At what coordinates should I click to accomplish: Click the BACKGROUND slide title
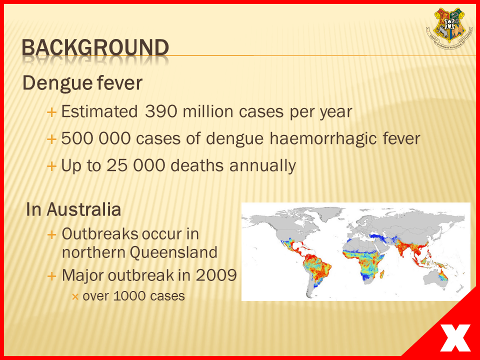pyautogui.click(x=95, y=48)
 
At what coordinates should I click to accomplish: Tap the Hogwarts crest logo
pyautogui.click(x=449, y=28)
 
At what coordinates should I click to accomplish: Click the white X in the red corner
pyautogui.click(x=455, y=338)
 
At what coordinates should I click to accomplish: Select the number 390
pyautogui.click(x=161, y=111)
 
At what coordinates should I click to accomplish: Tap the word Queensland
pyautogui.click(x=173, y=252)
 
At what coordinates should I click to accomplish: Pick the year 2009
pyautogui.click(x=216, y=275)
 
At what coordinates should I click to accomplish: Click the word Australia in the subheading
pyautogui.click(x=84, y=209)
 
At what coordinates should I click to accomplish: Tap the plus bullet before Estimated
pyautogui.click(x=51, y=112)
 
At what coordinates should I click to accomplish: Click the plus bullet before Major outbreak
pyautogui.click(x=51, y=276)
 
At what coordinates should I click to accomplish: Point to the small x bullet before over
pyautogui.click(x=75, y=296)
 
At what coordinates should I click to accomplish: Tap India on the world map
pyautogui.click(x=404, y=247)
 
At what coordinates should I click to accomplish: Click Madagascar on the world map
pyautogui.click(x=382, y=273)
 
